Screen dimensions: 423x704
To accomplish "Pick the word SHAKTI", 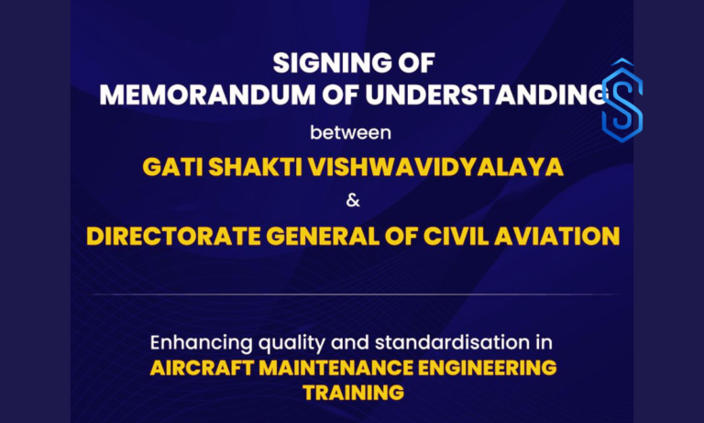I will coord(254,168).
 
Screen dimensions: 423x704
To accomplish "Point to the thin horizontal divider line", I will coord(352,295).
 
